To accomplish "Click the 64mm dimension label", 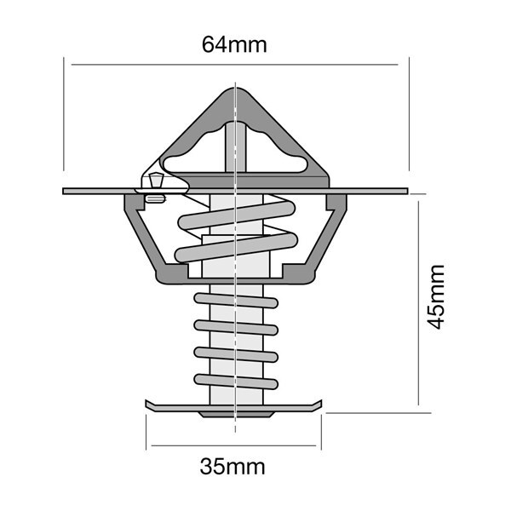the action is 234,44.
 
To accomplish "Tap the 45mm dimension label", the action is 436,297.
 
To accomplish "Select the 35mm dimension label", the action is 233,467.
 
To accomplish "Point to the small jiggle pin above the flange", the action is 156,181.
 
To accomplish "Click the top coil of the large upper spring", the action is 237,215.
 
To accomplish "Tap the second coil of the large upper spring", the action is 236,248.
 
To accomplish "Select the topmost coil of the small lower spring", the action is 236,300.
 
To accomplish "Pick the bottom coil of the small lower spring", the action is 236,382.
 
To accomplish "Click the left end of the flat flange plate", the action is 64,191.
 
